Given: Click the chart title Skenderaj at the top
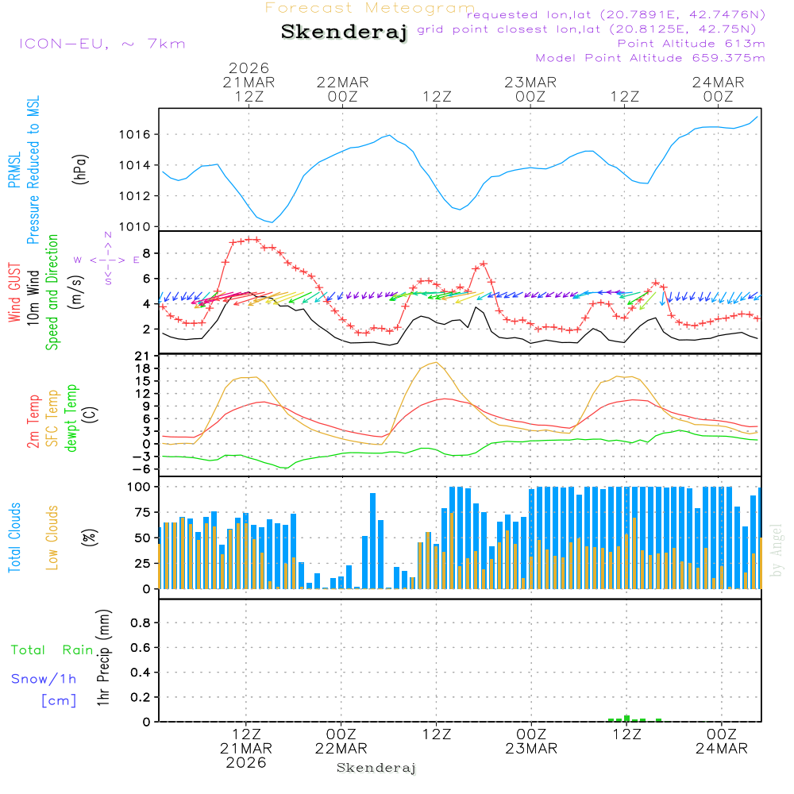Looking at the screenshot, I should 344,33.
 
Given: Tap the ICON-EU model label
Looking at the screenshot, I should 102,44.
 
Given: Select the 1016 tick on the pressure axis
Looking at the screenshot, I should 134,134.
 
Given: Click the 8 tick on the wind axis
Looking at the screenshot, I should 146,253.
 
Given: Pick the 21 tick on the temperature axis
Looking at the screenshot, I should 145,356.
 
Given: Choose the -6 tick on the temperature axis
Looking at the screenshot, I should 145,468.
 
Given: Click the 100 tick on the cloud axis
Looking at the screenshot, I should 140,487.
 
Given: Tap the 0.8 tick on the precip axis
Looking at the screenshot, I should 140,623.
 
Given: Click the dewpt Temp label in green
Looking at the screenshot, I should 71,418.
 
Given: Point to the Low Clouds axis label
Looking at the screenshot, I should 52,538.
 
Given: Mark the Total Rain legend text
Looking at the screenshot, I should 52,650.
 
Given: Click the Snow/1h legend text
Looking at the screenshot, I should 44,680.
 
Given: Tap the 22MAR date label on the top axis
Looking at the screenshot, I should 342,82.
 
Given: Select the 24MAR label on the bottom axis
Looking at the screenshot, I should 721,748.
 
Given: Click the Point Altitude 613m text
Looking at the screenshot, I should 691,44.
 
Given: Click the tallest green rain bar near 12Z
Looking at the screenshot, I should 626,718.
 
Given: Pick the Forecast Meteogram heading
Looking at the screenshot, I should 370,8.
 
